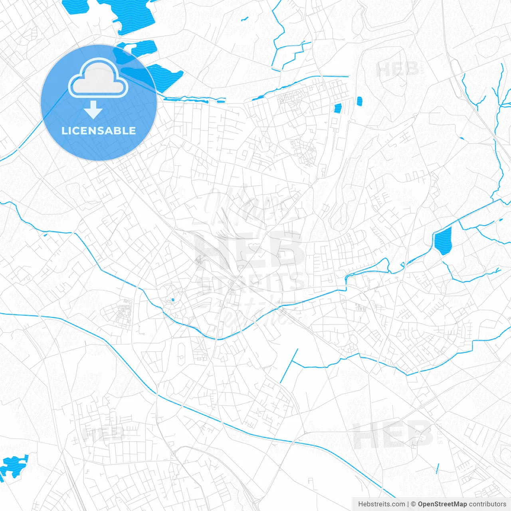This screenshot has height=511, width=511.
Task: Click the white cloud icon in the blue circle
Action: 98,79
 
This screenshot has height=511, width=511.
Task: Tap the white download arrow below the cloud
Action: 93,110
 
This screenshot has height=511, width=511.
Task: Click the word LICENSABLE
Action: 99,131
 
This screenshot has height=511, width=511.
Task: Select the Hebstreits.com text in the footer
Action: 381,504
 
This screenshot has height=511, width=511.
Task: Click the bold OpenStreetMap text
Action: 442,504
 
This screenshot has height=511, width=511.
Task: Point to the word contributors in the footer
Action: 487,504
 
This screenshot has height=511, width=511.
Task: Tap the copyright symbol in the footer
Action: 414,504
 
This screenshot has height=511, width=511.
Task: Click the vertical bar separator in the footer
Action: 408,504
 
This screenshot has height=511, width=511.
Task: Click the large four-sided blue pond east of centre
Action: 443,240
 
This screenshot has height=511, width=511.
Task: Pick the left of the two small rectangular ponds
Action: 338,108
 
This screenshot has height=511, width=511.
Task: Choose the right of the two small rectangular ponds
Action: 359,101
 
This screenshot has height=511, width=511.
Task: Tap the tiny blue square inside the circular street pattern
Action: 173,300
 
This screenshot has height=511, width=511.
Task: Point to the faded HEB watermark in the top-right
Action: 398,69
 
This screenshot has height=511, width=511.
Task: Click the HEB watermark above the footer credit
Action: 393,435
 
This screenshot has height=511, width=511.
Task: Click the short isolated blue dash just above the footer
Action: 438,468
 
